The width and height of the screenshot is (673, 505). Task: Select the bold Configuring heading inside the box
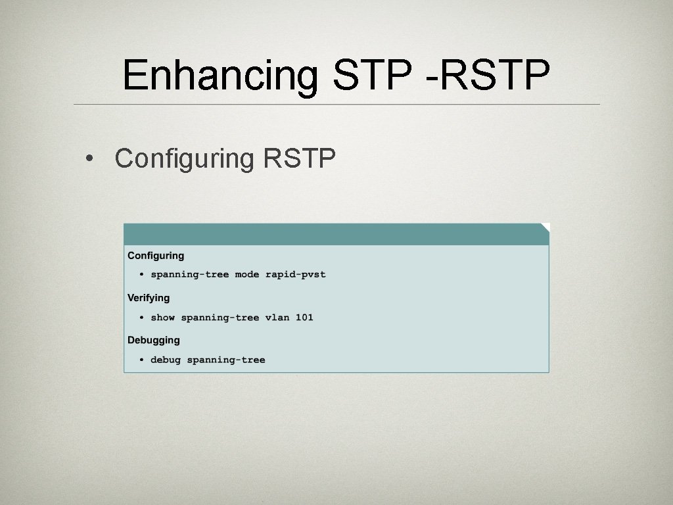pyautogui.click(x=156, y=255)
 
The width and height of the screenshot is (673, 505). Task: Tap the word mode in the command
pyautogui.click(x=247, y=274)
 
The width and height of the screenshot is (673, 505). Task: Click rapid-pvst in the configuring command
pyautogui.click(x=296, y=274)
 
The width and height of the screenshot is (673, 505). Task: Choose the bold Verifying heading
pyautogui.click(x=149, y=298)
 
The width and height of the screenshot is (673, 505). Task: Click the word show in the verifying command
pyautogui.click(x=162, y=318)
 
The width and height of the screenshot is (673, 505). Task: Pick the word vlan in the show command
pyautogui.click(x=277, y=318)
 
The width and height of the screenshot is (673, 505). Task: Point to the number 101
pyautogui.click(x=304, y=318)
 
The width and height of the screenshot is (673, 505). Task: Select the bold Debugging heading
pyautogui.click(x=153, y=340)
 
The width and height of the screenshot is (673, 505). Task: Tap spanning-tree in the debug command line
pyautogui.click(x=226, y=360)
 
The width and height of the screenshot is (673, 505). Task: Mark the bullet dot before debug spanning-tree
pyautogui.click(x=141, y=360)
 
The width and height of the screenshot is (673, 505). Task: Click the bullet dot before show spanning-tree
pyautogui.click(x=141, y=318)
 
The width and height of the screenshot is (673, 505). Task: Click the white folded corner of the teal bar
pyautogui.click(x=545, y=226)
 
